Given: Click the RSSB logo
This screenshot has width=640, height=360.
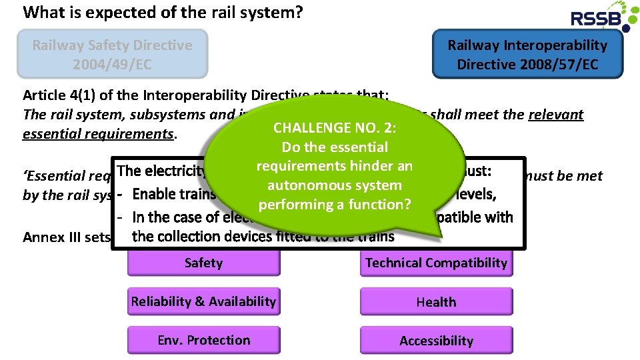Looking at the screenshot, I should tap(599, 17).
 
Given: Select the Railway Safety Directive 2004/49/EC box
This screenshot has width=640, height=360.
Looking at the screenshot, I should tap(112, 55).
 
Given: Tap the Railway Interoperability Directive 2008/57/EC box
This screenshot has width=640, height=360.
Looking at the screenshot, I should tap(527, 55).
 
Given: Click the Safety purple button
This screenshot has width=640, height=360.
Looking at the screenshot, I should tap(203, 263).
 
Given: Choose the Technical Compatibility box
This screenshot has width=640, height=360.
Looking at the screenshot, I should tap(436, 263).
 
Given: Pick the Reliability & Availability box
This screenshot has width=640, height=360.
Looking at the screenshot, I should tap(203, 301).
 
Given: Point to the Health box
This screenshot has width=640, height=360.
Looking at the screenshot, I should tap(436, 302).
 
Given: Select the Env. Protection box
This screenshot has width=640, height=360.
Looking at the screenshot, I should tap(203, 340).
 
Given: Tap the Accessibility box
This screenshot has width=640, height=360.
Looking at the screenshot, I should tap(436, 341).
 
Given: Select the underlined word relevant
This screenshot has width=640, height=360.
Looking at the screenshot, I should tap(555, 115).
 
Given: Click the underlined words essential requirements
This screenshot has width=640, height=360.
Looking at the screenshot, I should tap(97, 134).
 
